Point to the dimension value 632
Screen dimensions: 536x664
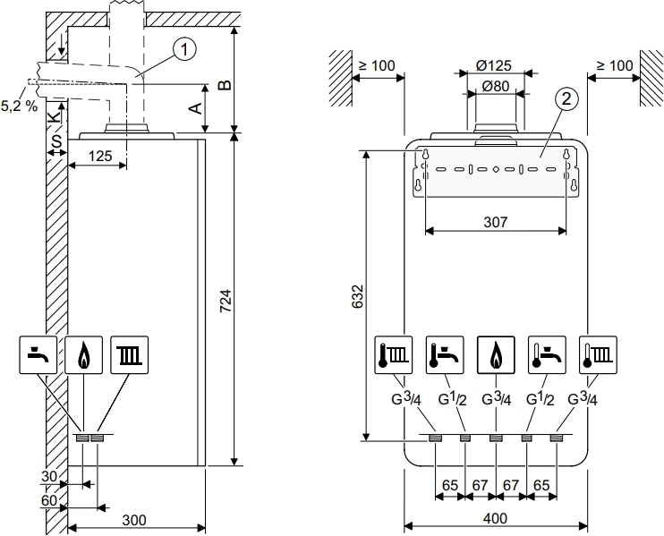click(x=356, y=296)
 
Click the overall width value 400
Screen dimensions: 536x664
click(x=496, y=517)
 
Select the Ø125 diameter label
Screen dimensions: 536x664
click(x=493, y=65)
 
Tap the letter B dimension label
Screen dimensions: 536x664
click(x=226, y=85)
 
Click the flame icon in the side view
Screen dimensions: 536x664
click(x=84, y=355)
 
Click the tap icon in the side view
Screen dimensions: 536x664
click(x=38, y=355)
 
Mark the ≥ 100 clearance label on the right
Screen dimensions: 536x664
click(x=613, y=65)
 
